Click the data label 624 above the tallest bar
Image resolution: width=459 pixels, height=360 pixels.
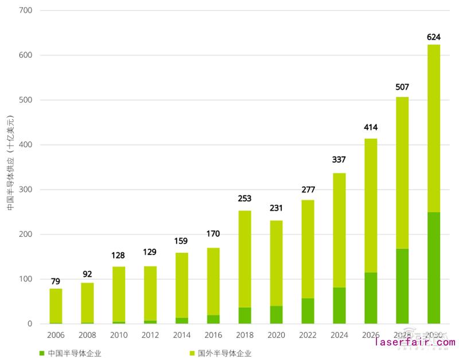point(434,37)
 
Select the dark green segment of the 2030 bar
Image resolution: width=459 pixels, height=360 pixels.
point(434,268)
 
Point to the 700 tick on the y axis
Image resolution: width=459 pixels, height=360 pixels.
point(26,11)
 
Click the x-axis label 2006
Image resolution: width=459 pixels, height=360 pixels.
point(56,334)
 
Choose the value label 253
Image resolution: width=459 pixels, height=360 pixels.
point(244,199)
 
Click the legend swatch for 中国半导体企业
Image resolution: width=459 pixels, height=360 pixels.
point(42,353)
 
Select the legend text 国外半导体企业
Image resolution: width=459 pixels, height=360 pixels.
point(224,353)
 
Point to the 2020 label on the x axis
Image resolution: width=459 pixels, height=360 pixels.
point(276,334)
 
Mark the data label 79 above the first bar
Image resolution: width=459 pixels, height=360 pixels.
point(56,281)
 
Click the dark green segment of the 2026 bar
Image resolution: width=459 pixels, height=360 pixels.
point(371,298)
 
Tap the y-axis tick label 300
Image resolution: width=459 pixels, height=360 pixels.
point(26,190)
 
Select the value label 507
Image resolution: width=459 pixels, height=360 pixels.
point(402,87)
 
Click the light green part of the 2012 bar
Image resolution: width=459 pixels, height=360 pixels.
point(150,293)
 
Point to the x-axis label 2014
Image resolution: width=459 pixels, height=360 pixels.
point(181,334)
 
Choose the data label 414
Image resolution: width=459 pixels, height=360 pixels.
point(371,127)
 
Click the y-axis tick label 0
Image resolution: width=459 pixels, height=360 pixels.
point(30,324)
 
